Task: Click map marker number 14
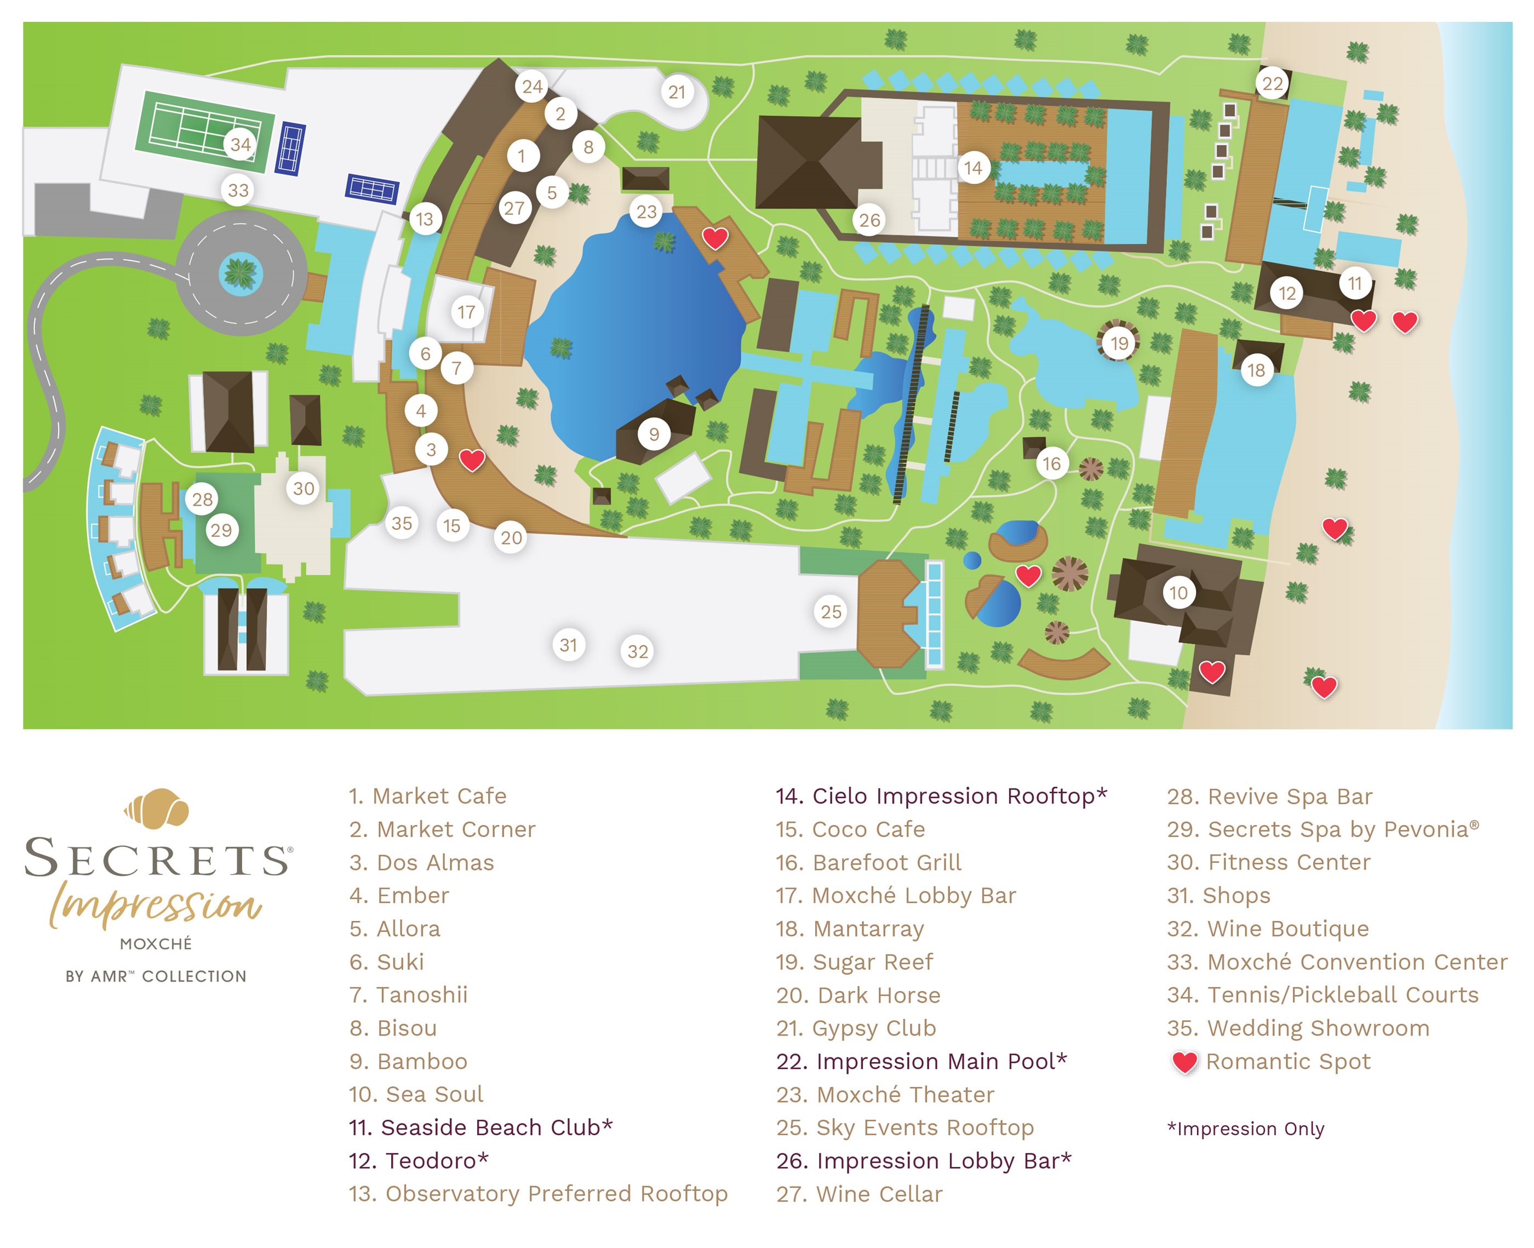click(x=972, y=168)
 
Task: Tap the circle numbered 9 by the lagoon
click(x=654, y=434)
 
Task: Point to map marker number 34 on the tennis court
click(x=240, y=145)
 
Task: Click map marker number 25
click(x=831, y=612)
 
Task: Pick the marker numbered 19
click(x=1119, y=344)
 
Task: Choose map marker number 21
click(x=677, y=92)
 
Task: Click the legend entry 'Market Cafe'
click(x=428, y=797)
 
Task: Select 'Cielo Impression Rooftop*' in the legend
click(x=941, y=797)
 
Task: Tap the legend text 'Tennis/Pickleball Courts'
click(x=1323, y=995)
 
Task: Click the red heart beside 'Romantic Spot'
click(x=1184, y=1062)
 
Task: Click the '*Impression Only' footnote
click(x=1245, y=1129)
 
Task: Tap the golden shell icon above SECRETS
click(x=156, y=809)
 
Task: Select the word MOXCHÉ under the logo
click(x=156, y=944)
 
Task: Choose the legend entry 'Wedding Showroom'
click(x=1298, y=1028)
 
